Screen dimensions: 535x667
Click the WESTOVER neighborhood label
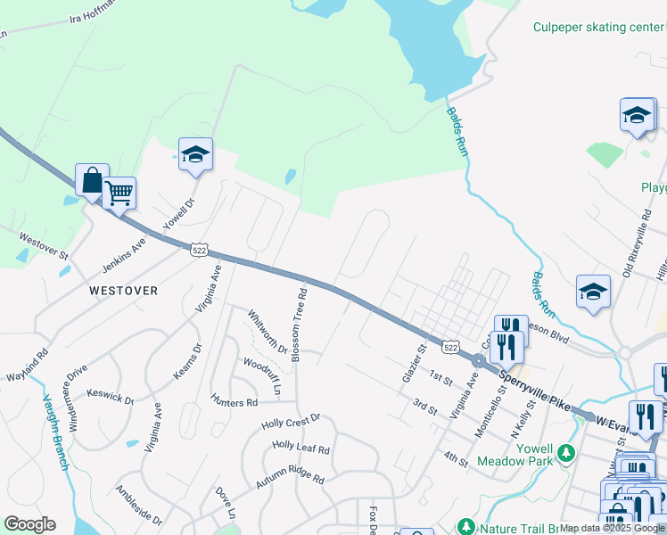(123, 291)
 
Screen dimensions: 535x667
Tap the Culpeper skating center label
(598, 27)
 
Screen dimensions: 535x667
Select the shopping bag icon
(92, 181)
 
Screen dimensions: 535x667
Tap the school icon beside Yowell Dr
(195, 155)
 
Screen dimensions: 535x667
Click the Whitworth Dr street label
(267, 332)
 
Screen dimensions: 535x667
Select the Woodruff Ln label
(262, 375)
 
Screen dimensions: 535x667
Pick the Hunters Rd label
(234, 401)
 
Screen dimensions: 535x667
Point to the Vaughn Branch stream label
(54, 433)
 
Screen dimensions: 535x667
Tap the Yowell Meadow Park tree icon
(564, 454)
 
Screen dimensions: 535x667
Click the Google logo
(29, 524)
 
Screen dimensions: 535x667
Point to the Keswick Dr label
(111, 394)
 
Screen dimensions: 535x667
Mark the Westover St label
(45, 245)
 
